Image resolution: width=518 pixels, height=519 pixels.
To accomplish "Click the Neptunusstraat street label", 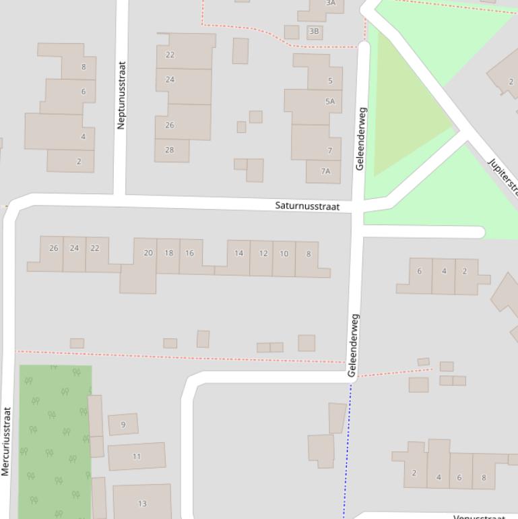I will click(122, 95).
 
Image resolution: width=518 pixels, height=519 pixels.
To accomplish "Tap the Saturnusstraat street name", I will click(307, 206).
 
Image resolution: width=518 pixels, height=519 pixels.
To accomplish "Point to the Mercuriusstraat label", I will click(6, 441).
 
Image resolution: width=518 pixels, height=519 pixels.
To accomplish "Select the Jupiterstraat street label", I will click(503, 175).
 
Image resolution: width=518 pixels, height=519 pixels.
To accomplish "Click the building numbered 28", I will click(170, 150).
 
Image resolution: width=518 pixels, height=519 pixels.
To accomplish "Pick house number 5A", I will click(329, 102).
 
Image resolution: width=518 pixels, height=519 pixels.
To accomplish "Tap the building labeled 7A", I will click(325, 171).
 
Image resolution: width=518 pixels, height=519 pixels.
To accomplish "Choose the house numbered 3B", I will click(314, 31).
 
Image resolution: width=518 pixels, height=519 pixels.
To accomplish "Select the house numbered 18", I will click(168, 253).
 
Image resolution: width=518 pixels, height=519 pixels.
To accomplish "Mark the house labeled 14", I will click(238, 253).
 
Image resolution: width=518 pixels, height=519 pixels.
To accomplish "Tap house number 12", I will click(263, 253).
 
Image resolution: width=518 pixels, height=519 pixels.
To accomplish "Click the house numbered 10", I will click(284, 254).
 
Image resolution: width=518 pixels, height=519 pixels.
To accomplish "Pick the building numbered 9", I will click(123, 425).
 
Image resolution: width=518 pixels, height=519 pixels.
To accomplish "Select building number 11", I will click(137, 456).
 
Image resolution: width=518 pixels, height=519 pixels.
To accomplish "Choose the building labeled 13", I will click(142, 503).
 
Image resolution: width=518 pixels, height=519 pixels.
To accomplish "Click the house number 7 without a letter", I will click(330, 150).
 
